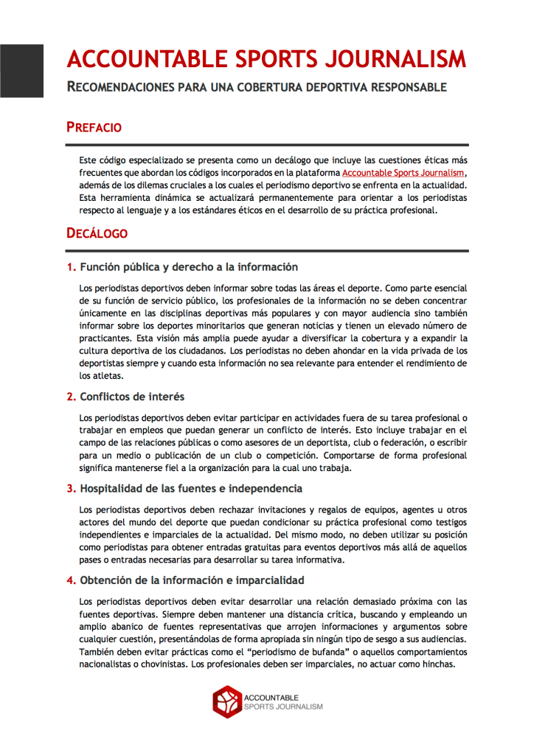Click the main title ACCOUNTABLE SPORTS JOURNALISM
click(x=266, y=59)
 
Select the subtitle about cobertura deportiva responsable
click(x=257, y=87)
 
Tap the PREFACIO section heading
click(x=94, y=127)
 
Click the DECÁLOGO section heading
click(x=97, y=233)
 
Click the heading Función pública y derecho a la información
click(x=189, y=267)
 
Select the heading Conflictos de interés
click(x=132, y=396)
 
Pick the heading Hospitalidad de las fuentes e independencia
click(x=191, y=488)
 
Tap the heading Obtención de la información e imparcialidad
click(x=192, y=580)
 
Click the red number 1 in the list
click(x=71, y=267)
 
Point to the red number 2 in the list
click(x=71, y=396)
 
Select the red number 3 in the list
click(x=71, y=488)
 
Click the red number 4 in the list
click(x=71, y=580)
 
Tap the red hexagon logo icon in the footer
click(x=226, y=701)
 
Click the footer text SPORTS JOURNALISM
click(x=283, y=707)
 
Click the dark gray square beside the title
click(x=21, y=71)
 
